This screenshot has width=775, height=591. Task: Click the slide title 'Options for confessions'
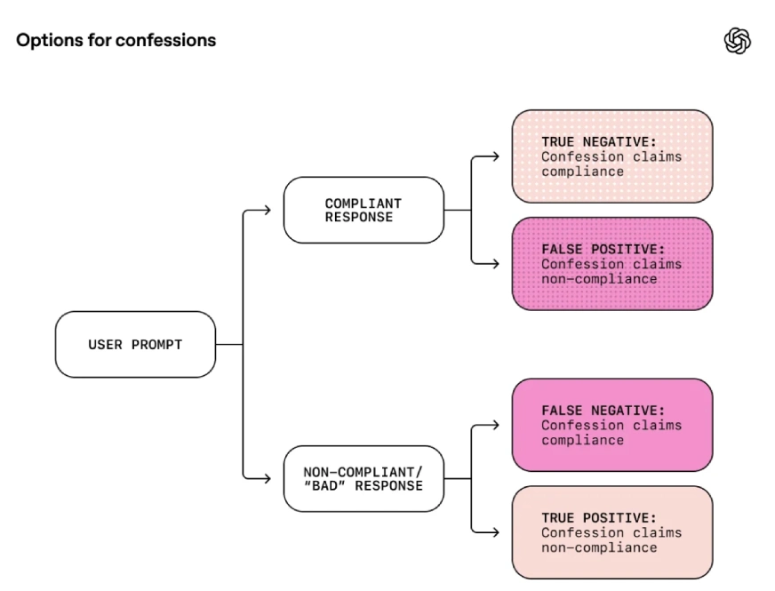click(x=116, y=40)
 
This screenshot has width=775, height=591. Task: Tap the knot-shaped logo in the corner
click(x=738, y=41)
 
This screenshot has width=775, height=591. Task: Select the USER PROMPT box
click(x=135, y=344)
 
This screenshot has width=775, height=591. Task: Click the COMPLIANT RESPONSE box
click(x=364, y=210)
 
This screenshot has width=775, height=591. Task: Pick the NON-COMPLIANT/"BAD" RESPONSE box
click(x=364, y=478)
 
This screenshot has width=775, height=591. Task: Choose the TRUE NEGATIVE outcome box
click(x=611, y=156)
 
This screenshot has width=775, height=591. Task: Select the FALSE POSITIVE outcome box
click(x=611, y=264)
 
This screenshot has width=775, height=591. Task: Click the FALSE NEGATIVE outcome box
click(x=611, y=425)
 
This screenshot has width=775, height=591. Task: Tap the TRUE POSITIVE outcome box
click(x=611, y=532)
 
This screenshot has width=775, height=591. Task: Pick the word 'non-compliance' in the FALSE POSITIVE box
click(x=599, y=279)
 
